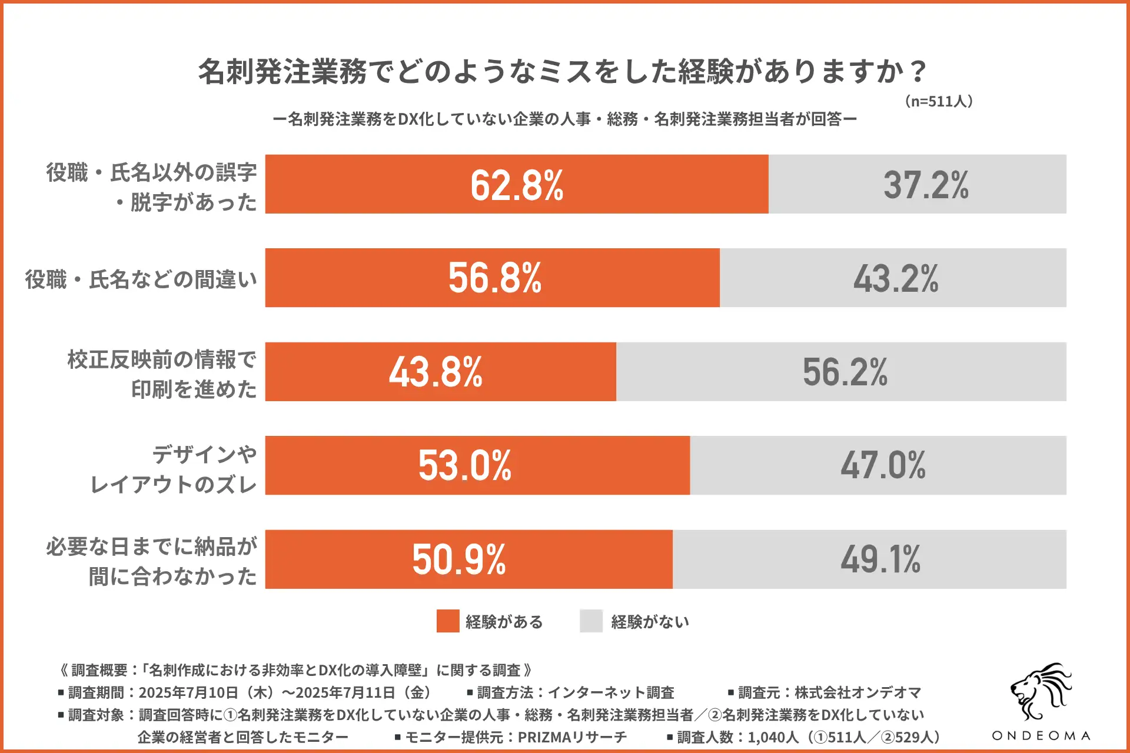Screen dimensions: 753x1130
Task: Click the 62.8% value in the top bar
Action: (x=517, y=185)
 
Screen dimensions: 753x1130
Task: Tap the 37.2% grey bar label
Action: (x=925, y=185)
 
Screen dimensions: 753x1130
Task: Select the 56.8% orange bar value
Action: (x=495, y=278)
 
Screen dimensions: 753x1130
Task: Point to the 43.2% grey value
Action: (x=896, y=278)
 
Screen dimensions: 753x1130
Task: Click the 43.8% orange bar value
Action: (x=436, y=372)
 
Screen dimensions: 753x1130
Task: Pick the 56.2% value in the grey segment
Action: (x=845, y=372)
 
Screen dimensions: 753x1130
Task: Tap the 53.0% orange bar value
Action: (x=465, y=465)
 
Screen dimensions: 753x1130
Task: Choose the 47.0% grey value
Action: (x=883, y=465)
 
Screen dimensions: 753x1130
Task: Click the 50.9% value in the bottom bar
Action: (x=459, y=559)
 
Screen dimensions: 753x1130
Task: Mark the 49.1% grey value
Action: (x=880, y=559)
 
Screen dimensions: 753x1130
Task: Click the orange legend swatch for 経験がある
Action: (x=447, y=621)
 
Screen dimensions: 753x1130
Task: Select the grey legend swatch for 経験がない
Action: (x=591, y=621)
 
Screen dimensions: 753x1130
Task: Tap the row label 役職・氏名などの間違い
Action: (x=141, y=279)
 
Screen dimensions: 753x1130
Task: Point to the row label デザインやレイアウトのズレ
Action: (x=174, y=469)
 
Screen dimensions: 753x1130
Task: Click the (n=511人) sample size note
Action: (x=938, y=101)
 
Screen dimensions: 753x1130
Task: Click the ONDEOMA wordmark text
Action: (x=1041, y=736)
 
